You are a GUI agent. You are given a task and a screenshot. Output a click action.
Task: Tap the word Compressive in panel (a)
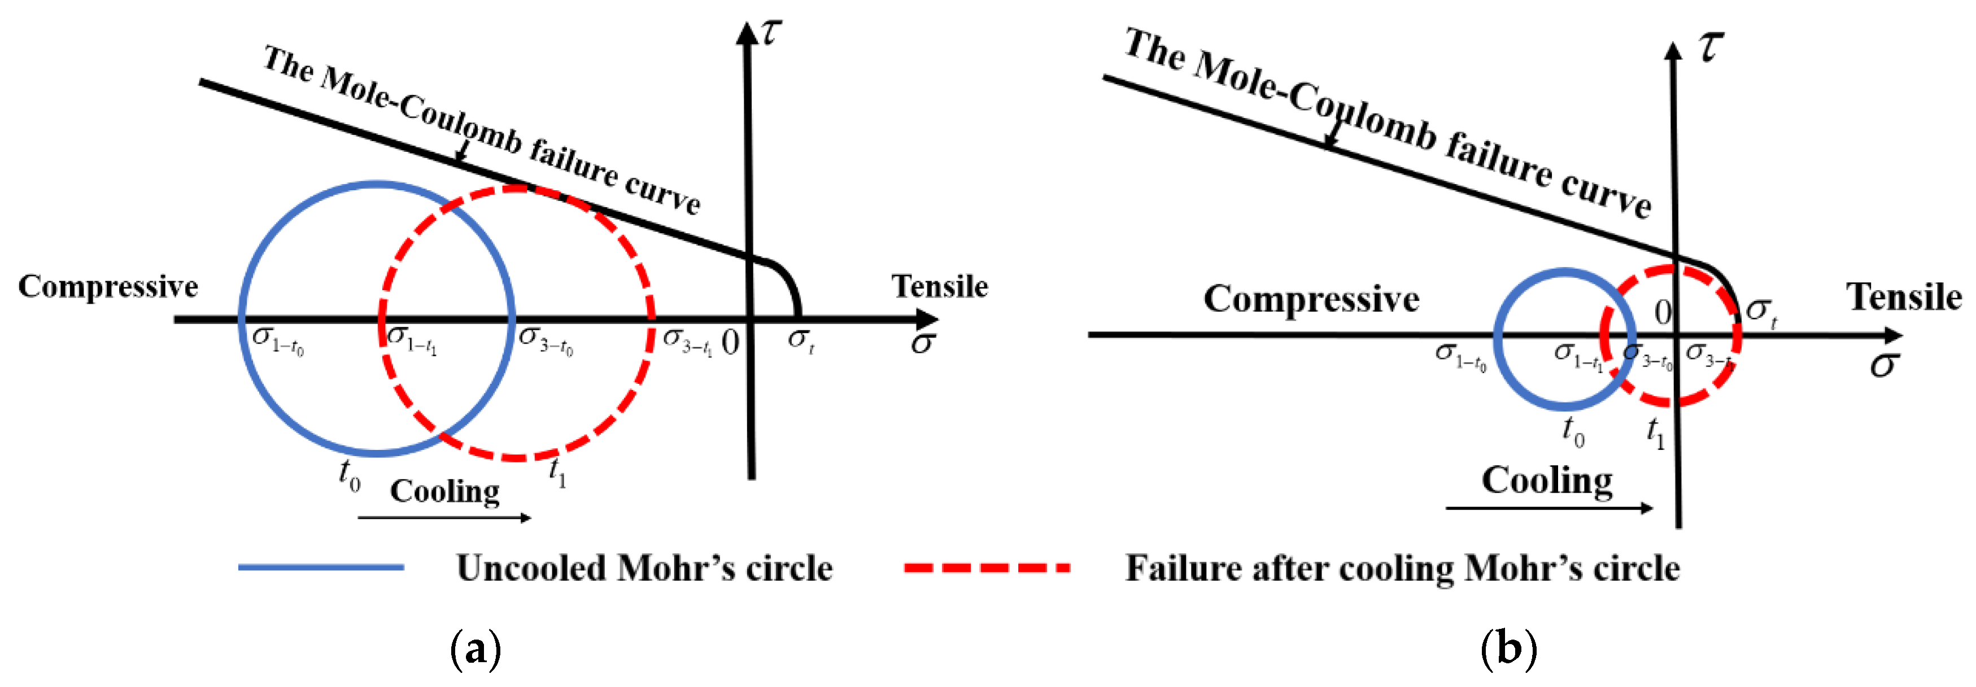108,287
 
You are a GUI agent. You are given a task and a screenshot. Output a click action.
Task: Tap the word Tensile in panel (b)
1904,297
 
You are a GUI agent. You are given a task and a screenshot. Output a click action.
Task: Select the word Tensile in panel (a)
940,287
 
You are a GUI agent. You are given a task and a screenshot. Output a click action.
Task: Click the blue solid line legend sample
321,567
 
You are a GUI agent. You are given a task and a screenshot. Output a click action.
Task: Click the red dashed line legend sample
987,567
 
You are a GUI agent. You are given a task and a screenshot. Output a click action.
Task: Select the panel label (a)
476,649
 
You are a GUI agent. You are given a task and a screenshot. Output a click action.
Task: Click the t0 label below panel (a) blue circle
349,475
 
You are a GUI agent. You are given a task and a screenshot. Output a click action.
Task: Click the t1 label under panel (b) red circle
1655,432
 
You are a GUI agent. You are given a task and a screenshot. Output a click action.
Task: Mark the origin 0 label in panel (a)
730,342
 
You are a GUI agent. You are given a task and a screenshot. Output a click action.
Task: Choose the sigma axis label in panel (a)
922,343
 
